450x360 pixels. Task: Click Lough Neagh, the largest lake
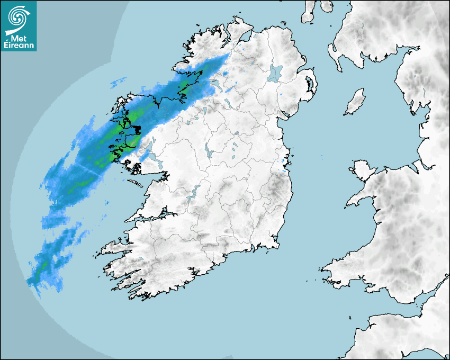click(275, 73)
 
